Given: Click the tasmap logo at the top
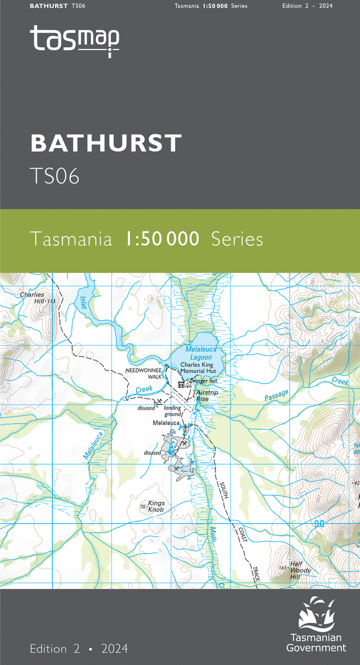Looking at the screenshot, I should click(x=74, y=40).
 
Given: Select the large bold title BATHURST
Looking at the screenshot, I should click(x=106, y=143).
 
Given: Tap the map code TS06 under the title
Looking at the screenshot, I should click(x=55, y=176).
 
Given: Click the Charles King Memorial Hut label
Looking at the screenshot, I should click(x=198, y=368).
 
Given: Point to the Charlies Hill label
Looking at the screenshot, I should click(x=31, y=298).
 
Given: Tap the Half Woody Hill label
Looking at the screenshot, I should click(x=300, y=570).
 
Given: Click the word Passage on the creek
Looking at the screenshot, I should click(x=276, y=396).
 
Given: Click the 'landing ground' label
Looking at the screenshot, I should click(x=173, y=411).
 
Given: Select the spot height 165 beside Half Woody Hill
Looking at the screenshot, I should click(x=283, y=568).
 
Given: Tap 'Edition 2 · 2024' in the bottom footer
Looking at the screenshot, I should click(x=79, y=649).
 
